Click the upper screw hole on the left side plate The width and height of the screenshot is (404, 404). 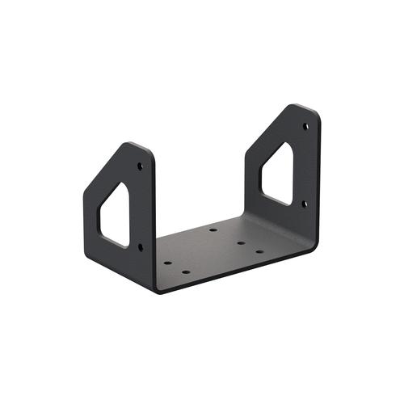[140, 166]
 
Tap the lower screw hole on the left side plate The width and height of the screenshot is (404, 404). [141, 246]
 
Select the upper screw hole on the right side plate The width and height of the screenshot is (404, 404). [305, 126]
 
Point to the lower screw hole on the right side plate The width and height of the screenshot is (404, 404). [305, 204]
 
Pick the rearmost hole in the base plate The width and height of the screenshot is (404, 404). [213, 229]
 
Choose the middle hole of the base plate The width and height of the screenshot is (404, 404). [241, 242]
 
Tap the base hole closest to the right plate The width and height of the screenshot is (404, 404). [259, 251]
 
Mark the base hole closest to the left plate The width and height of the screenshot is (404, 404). [167, 262]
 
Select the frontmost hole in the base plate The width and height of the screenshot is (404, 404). [186, 271]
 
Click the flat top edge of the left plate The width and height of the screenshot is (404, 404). [137, 145]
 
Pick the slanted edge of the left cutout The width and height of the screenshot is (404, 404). [111, 198]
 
